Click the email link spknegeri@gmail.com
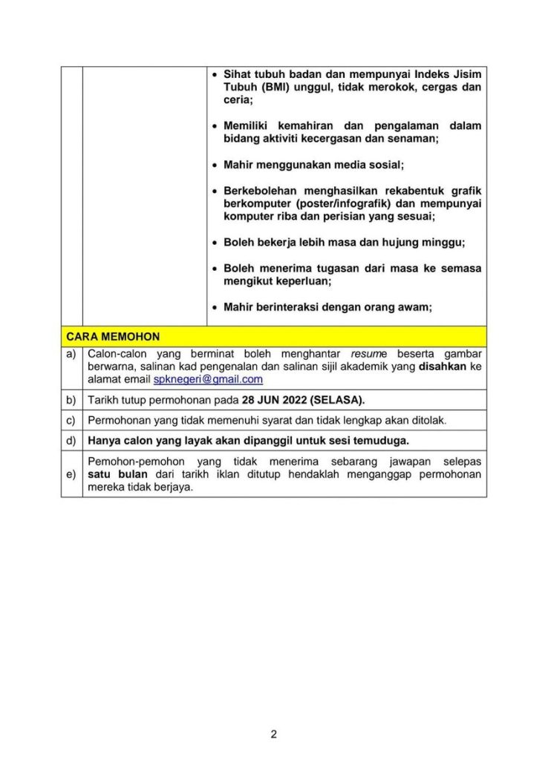[x=208, y=379]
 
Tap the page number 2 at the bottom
[x=273, y=735]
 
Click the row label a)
[x=71, y=354]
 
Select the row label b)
[x=71, y=400]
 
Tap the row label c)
[x=71, y=420]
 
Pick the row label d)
[x=71, y=440]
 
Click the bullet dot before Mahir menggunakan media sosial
[x=214, y=165]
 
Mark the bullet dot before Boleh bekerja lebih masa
[x=214, y=242]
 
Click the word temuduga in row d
[x=381, y=440]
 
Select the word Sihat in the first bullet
[x=238, y=74]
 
